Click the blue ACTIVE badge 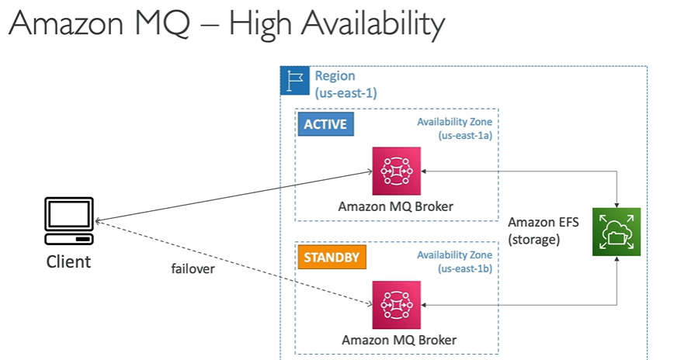(325, 124)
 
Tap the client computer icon (69, 220)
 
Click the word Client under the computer (68, 261)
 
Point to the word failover (194, 269)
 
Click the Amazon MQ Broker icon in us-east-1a (396, 171)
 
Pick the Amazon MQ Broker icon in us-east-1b (396, 304)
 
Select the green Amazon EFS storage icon (616, 231)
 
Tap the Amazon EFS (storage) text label (533, 231)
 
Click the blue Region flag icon (294, 81)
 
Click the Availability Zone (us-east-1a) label (454, 128)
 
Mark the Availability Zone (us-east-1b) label (454, 261)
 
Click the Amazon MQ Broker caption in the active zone (395, 206)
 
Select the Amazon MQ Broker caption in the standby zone (399, 340)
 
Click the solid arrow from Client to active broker (233, 196)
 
